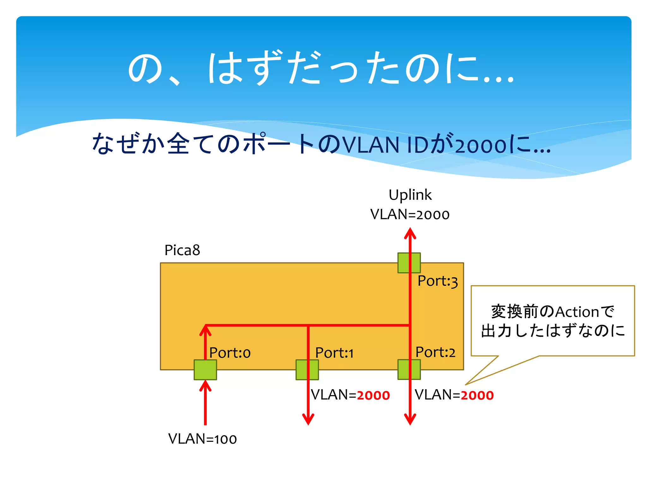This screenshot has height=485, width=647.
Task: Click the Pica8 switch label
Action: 182,250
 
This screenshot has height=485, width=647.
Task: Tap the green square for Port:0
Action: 205,369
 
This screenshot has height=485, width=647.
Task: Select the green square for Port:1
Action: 307,369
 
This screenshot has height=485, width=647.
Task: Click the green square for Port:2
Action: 409,369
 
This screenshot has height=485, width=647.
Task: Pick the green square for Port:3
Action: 409,262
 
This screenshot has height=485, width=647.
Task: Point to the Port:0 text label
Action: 230,353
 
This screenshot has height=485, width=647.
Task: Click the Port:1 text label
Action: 334,353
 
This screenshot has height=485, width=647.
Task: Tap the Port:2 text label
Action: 435,352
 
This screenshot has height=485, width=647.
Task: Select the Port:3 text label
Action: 438,281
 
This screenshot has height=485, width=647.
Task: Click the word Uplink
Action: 410,195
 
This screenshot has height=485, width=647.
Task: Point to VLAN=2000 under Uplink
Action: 410,214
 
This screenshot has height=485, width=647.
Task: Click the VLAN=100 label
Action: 203,439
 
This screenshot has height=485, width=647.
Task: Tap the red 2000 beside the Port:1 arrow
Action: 373,395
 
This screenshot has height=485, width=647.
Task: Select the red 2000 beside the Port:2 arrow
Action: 477,395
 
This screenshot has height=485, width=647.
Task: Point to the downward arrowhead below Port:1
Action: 308,419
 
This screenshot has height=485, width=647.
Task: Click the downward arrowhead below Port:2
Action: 410,419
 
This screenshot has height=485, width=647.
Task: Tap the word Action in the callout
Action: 577,312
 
